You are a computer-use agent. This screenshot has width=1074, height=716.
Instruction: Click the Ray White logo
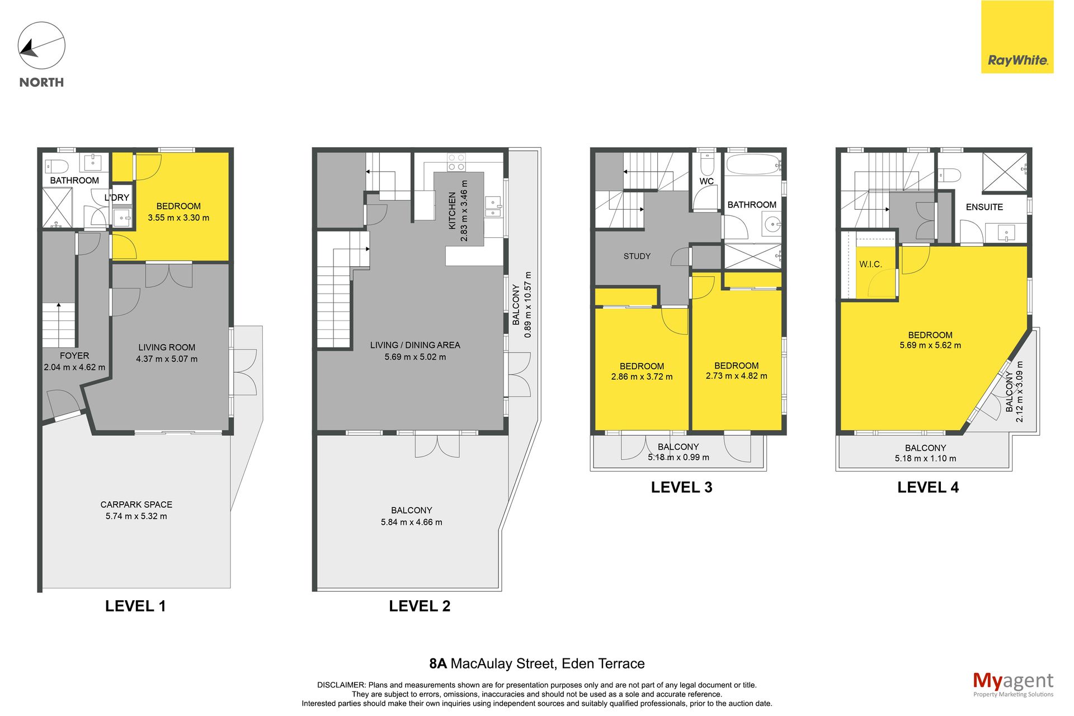(x=1017, y=37)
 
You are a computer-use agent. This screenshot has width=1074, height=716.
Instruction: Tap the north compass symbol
(x=41, y=46)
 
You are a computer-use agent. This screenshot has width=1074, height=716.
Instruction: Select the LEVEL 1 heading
(x=135, y=606)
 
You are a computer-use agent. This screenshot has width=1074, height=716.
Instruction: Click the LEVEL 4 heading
(x=928, y=487)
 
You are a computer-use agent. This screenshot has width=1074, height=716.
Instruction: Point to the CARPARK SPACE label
(x=136, y=505)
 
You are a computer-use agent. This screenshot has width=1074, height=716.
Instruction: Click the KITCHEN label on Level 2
(x=452, y=211)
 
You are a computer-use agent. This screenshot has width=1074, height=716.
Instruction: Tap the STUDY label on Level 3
(x=637, y=256)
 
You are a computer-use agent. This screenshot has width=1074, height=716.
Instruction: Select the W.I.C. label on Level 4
(x=870, y=264)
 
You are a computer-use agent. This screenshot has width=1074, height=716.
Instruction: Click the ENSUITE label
(x=984, y=207)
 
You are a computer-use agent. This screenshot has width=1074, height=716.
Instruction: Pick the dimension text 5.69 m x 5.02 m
(x=415, y=357)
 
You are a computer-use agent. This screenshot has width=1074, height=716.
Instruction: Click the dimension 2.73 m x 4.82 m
(x=737, y=376)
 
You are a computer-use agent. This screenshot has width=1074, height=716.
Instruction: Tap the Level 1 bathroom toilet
(x=56, y=166)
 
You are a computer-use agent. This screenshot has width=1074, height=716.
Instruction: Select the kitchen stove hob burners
(x=456, y=162)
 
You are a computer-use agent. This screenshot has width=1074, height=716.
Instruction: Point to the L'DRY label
(x=116, y=197)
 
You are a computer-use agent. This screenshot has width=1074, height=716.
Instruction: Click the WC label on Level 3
(x=706, y=181)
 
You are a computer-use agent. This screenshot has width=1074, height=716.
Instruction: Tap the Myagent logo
(x=1013, y=684)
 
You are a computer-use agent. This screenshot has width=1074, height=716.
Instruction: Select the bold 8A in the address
(x=438, y=663)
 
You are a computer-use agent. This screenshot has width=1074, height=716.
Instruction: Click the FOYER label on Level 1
(x=74, y=356)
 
